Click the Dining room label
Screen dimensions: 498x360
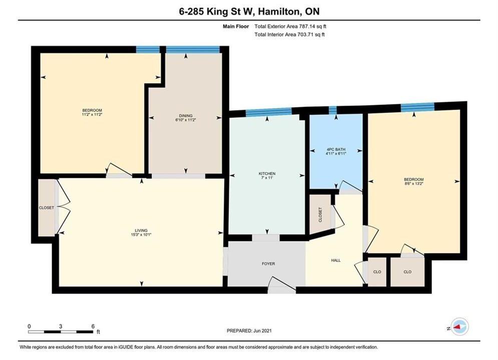(x=186, y=116)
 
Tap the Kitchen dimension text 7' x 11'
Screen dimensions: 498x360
(x=267, y=178)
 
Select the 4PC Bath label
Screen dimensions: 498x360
(x=336, y=149)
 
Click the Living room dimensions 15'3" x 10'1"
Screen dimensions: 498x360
(x=141, y=234)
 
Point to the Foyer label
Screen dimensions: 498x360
(x=268, y=263)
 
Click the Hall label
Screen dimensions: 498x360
(x=336, y=260)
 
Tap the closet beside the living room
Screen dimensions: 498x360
(x=47, y=208)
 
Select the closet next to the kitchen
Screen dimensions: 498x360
(x=320, y=214)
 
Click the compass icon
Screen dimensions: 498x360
(x=459, y=326)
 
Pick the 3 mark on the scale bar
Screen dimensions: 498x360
(x=61, y=326)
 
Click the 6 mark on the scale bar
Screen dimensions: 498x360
(x=93, y=326)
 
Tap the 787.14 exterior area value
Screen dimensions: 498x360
(x=306, y=26)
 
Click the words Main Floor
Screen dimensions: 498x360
(x=236, y=26)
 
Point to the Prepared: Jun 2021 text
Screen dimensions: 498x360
(x=249, y=330)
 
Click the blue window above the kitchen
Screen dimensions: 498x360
(x=269, y=111)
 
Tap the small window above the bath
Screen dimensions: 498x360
(x=332, y=110)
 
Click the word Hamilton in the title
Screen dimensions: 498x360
(x=278, y=11)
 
